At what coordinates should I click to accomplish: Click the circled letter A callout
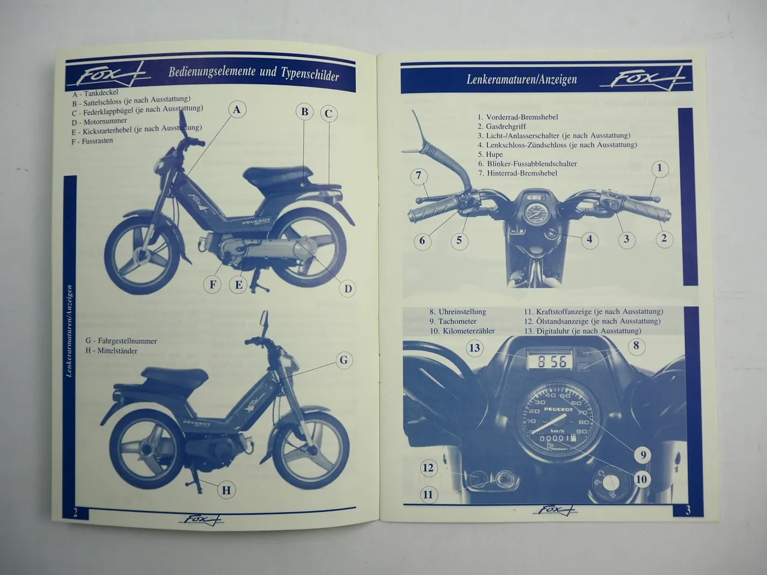click(x=237, y=110)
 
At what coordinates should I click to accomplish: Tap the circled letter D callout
click(x=347, y=289)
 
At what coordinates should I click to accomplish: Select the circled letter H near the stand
click(x=226, y=491)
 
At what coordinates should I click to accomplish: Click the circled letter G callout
click(x=343, y=360)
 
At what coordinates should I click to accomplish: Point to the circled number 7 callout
click(x=419, y=176)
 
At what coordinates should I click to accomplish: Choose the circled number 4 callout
click(x=589, y=240)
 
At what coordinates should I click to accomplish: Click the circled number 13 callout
click(x=475, y=348)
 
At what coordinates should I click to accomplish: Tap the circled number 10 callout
click(x=641, y=479)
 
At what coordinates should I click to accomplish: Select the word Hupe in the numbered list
click(x=494, y=154)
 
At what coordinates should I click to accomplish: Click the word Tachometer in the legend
click(x=457, y=322)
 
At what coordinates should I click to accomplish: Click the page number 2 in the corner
click(x=76, y=512)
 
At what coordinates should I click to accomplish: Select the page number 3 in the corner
click(x=689, y=510)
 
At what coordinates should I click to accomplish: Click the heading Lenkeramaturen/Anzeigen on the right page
click(x=521, y=80)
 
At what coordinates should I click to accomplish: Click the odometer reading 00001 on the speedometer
click(x=552, y=438)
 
